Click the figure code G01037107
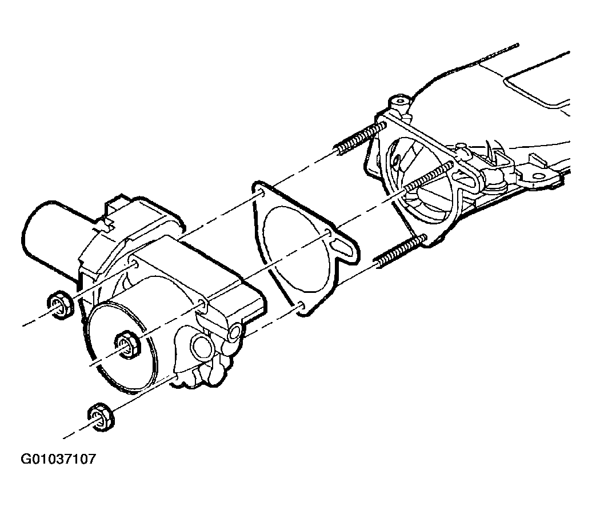(x=58, y=459)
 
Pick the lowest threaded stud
(x=400, y=251)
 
